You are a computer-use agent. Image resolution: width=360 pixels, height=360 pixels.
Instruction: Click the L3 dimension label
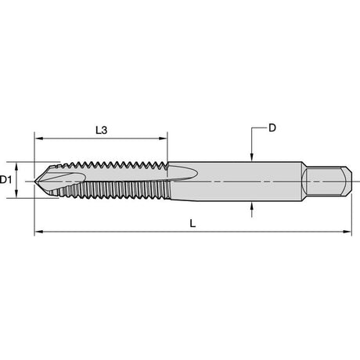tap(101, 130)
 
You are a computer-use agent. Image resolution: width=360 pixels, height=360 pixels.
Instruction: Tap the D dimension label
tap(272, 128)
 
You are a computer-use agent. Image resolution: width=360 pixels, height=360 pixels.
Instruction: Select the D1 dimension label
tap(5, 180)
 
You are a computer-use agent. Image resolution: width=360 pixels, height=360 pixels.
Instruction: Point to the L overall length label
tap(193, 223)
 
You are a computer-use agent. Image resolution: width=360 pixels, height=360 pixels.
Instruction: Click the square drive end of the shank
tap(327, 181)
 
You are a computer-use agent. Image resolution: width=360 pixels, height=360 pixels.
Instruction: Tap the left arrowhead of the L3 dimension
tap(38, 139)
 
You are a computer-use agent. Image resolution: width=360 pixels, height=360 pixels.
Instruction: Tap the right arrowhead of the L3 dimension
tap(164, 139)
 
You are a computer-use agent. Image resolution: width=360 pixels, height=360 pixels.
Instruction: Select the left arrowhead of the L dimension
tap(38, 232)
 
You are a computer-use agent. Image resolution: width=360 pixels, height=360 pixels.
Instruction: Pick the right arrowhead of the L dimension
tap(347, 232)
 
